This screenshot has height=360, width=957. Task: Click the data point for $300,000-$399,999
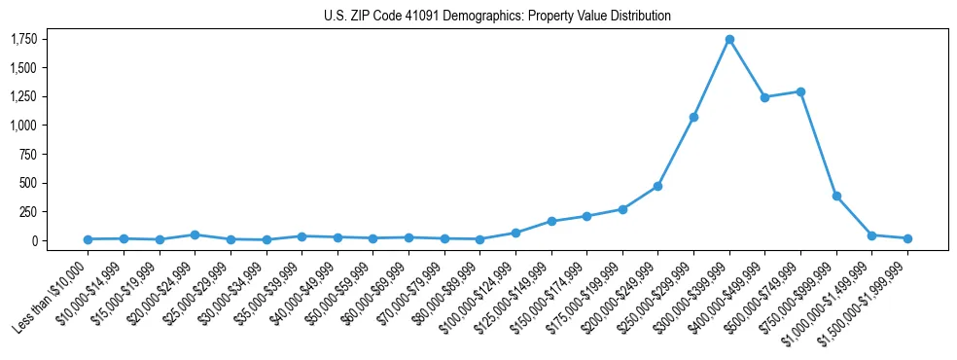click(729, 39)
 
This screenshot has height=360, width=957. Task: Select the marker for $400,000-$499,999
click(764, 97)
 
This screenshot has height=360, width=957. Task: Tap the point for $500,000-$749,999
click(800, 91)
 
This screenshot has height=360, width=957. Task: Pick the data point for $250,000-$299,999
click(693, 117)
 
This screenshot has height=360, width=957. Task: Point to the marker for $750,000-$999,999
click(836, 196)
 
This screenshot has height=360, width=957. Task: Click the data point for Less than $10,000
click(88, 239)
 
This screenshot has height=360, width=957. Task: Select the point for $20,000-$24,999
click(195, 234)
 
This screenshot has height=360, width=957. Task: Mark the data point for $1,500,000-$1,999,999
click(907, 238)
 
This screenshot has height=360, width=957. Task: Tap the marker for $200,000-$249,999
click(657, 186)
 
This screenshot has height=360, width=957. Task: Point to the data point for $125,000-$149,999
click(550, 221)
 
